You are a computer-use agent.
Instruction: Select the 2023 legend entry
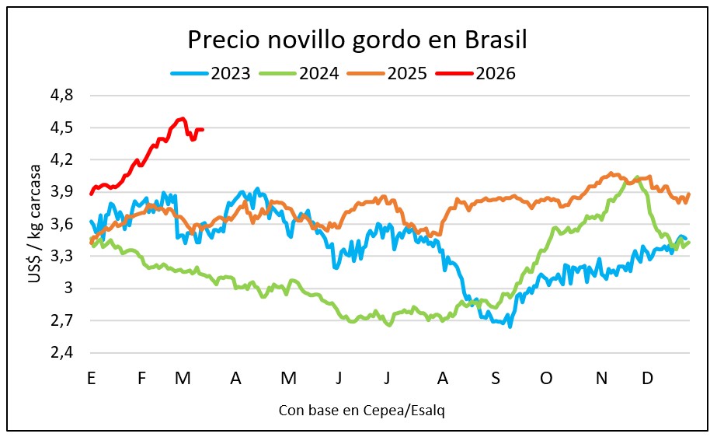coord(211,74)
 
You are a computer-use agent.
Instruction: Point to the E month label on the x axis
coord(92,378)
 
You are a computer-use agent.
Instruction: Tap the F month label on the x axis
coord(141,378)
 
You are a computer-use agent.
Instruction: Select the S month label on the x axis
coord(495,378)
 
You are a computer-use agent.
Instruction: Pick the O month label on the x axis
coord(546,378)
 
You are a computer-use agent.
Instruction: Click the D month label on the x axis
coord(647,378)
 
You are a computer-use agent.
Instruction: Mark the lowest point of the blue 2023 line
coord(510,327)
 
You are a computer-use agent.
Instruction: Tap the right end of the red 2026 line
coord(203,130)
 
